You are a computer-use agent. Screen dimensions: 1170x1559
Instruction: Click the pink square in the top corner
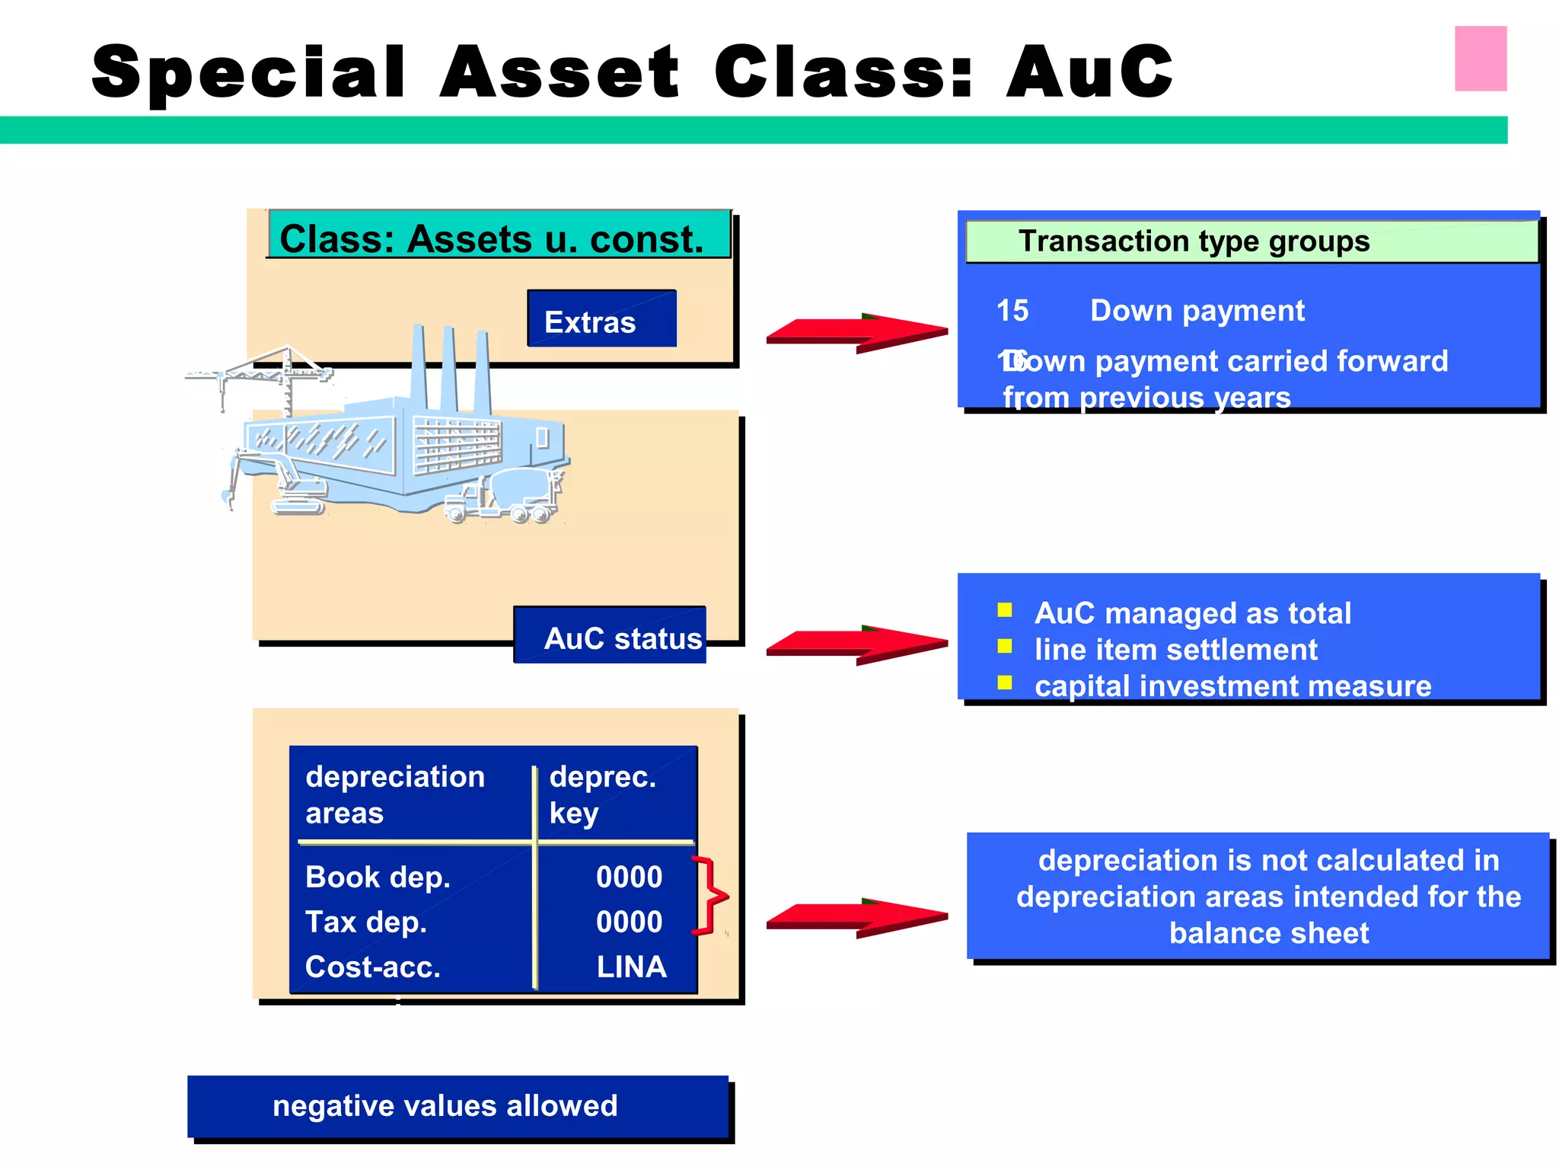tap(1480, 59)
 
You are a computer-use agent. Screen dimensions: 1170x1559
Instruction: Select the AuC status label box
tap(611, 636)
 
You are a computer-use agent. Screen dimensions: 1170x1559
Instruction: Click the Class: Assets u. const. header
tap(499, 237)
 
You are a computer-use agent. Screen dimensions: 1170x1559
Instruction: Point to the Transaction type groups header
tap(1251, 241)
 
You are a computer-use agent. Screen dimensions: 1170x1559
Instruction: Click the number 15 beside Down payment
tap(1012, 311)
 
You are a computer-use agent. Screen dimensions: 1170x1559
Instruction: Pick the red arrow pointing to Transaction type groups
tap(856, 332)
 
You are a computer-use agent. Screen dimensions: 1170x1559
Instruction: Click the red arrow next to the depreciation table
tap(856, 918)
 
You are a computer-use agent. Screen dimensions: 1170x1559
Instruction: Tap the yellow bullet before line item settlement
tap(1005, 647)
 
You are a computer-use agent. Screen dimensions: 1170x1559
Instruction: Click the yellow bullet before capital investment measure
tap(1005, 682)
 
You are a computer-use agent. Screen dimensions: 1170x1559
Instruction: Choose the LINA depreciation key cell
tap(631, 967)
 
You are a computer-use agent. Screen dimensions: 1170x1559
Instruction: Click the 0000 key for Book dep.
tap(629, 877)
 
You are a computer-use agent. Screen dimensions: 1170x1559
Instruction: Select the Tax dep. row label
tap(365, 922)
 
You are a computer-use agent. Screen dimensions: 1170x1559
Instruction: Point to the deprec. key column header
tap(601, 794)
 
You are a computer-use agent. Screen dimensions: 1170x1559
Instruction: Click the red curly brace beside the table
tap(711, 896)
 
